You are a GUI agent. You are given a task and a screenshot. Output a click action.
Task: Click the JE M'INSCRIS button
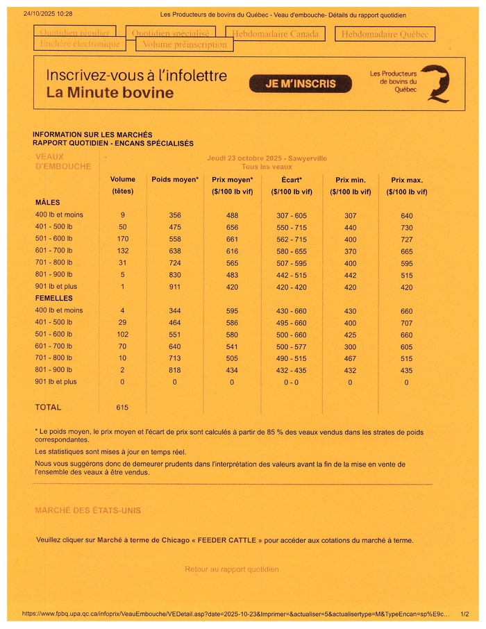coord(300,84)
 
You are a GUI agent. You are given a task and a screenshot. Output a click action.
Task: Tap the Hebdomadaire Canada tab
coord(276,33)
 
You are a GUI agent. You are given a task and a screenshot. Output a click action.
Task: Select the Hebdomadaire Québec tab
coord(385,34)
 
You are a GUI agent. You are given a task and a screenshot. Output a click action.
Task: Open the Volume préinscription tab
coord(184,44)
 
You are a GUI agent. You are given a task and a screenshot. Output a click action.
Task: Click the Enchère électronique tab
coord(80,44)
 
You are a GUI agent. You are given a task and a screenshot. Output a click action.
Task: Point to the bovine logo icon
coord(435,84)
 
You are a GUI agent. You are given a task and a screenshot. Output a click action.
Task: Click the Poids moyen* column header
coord(175,180)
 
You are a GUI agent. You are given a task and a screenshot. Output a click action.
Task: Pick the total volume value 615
coord(123,408)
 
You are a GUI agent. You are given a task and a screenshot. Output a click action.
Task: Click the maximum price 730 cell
coord(407,228)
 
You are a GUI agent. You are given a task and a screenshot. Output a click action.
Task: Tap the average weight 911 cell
coord(175,287)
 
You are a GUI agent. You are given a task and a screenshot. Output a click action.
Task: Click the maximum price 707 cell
coord(407,323)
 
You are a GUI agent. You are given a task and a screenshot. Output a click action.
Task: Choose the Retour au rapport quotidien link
coord(232,569)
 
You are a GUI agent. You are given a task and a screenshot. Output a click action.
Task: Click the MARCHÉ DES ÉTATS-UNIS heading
coord(87,510)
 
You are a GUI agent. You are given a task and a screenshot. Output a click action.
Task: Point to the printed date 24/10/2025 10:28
coord(48,14)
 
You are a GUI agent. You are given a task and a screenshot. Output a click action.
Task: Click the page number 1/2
coord(464,614)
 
